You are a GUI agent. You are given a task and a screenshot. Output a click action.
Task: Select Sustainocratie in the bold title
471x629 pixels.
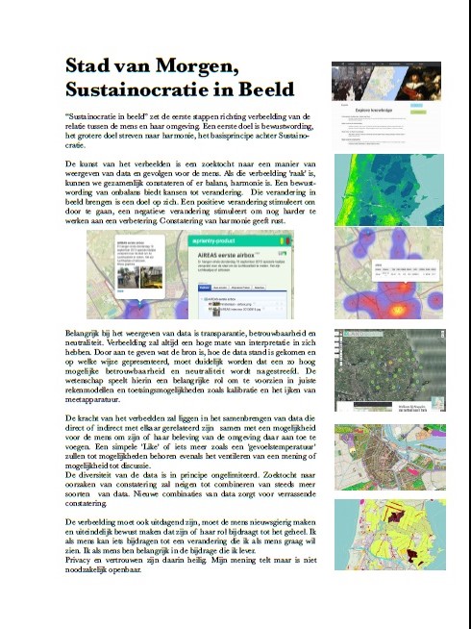[126, 89]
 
